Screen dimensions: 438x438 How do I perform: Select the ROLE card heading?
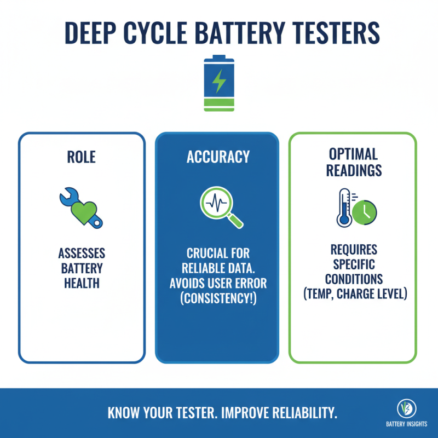[82, 157]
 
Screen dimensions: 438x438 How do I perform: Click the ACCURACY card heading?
[218, 157]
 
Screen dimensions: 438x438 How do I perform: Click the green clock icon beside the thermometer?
[364, 214]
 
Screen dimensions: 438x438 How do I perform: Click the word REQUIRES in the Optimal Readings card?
[354, 250]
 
